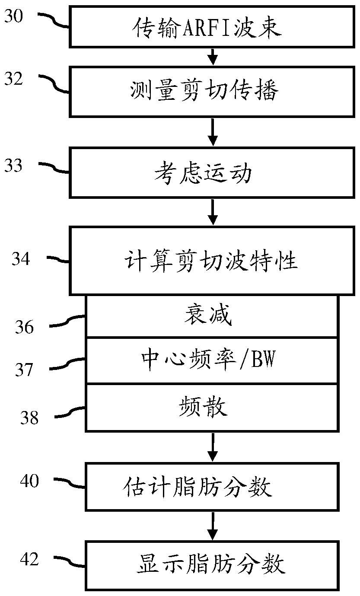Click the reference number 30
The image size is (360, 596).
pos(14,16)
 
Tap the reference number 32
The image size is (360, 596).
pos(14,79)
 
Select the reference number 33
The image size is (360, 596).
pos(13,165)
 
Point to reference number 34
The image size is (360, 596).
pos(21,258)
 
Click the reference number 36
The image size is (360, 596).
pos(24,327)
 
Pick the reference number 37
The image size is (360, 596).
pos(24,370)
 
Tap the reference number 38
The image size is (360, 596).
pos(29,418)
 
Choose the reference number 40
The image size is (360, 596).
pos(29,481)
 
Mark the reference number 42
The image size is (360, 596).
pos(29,559)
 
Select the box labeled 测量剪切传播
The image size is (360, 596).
pos(212,92)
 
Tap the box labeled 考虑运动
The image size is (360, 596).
pos(212,173)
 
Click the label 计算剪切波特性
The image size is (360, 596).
pos(211,261)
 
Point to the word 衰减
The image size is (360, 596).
pos(208,315)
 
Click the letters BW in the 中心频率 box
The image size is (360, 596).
pos(263,359)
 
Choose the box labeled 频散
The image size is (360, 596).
pos(212,408)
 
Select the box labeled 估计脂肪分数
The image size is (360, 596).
pos(212,487)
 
